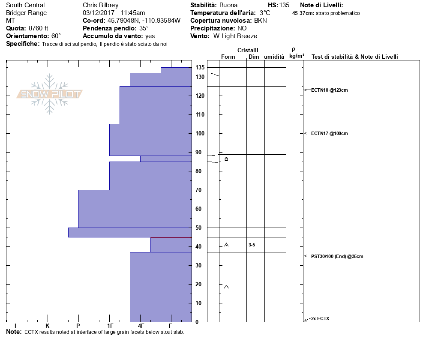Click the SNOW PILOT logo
[x=50, y=94]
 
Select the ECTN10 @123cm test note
[x=329, y=90]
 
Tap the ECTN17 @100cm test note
[x=329, y=133]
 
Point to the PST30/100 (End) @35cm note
[x=337, y=256]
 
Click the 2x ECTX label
[x=320, y=318]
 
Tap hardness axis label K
[x=47, y=326]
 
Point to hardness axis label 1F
[x=110, y=326]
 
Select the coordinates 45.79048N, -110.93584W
[x=141, y=21]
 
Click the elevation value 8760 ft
[x=38, y=28]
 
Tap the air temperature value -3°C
[x=264, y=13]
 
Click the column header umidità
[x=274, y=57]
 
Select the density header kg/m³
[x=297, y=56]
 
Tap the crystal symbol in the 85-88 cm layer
[x=226, y=159]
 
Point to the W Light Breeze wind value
[x=235, y=36]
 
